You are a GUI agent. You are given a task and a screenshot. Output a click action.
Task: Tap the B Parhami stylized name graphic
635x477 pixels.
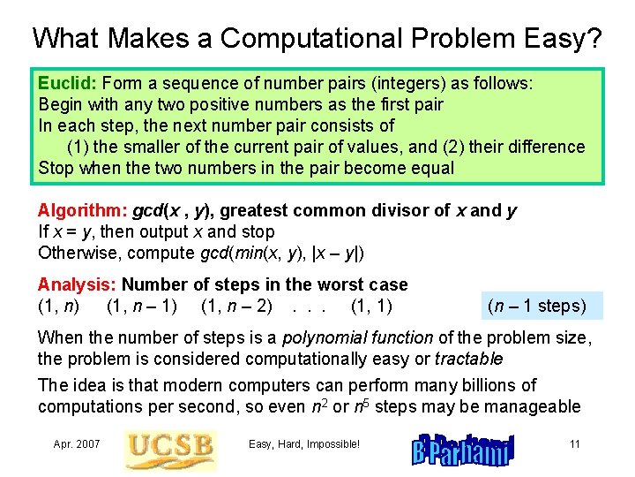pos(461,448)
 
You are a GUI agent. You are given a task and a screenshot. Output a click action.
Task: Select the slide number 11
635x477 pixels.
pos(574,443)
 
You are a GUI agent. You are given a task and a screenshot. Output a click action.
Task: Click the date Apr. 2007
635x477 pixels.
pos(76,443)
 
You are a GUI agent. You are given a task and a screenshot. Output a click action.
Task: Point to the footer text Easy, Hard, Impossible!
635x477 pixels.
pos(304,443)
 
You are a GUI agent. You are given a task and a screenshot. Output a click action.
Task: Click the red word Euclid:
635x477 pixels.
pos(63,83)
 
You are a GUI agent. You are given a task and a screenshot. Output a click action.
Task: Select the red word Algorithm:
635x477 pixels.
pos(83,210)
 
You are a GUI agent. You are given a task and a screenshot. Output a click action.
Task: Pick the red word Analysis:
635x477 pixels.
pos(78,284)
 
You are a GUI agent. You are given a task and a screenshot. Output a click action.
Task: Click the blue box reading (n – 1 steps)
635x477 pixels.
pos(536,306)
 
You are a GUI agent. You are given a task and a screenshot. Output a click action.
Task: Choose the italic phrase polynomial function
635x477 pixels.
pos(369,337)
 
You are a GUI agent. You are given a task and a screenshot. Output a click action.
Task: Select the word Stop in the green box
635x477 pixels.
pos(55,168)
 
